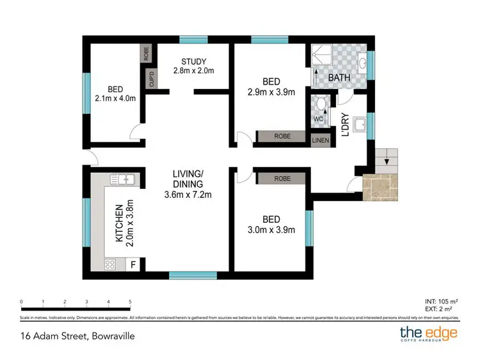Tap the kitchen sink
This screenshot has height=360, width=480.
[x=122, y=179]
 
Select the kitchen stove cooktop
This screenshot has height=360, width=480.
[x=109, y=263]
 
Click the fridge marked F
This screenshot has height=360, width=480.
[x=133, y=263]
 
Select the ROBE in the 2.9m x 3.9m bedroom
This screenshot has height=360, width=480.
[x=282, y=136]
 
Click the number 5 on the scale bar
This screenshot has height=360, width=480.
[x=130, y=301]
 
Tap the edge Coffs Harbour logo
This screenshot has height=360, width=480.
[x=429, y=334]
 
